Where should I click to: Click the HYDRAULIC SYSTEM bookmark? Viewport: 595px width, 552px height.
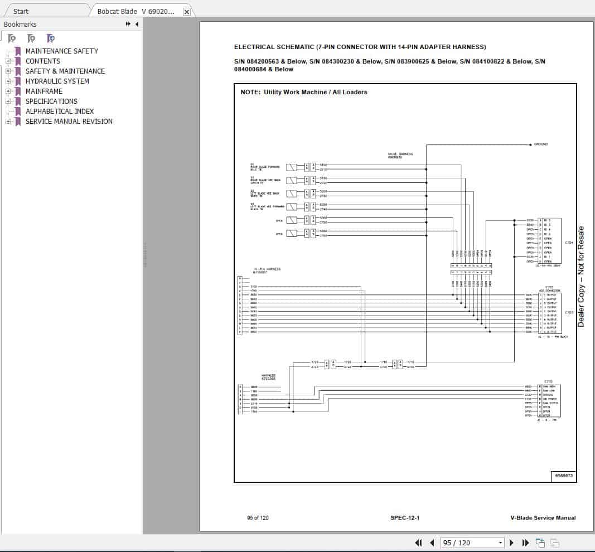click(x=57, y=81)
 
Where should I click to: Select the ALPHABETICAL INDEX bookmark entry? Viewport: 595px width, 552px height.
click(x=59, y=111)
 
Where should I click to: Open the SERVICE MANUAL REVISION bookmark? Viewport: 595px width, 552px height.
click(x=69, y=121)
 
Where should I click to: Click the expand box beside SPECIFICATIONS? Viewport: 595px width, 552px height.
click(x=8, y=101)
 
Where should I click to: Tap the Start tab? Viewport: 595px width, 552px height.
click(x=21, y=11)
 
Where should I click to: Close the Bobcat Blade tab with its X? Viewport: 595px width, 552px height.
click(x=186, y=12)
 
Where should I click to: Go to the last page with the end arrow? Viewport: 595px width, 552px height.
click(x=525, y=543)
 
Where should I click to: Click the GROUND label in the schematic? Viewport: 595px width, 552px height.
click(x=540, y=144)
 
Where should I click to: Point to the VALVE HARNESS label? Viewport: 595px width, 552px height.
click(x=400, y=154)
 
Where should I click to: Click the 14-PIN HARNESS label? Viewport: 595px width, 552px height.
click(x=267, y=269)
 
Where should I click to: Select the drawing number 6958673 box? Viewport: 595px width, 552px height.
click(x=563, y=476)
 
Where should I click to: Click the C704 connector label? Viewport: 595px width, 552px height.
click(x=569, y=243)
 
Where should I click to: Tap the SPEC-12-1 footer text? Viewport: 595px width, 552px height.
click(x=405, y=518)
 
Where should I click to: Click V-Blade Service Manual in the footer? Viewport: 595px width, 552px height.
click(x=543, y=518)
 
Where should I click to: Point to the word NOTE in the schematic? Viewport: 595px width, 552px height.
click(x=250, y=92)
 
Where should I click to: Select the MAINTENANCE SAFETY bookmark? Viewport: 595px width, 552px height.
click(x=61, y=51)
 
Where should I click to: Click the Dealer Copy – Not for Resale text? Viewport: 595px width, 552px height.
click(x=581, y=277)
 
